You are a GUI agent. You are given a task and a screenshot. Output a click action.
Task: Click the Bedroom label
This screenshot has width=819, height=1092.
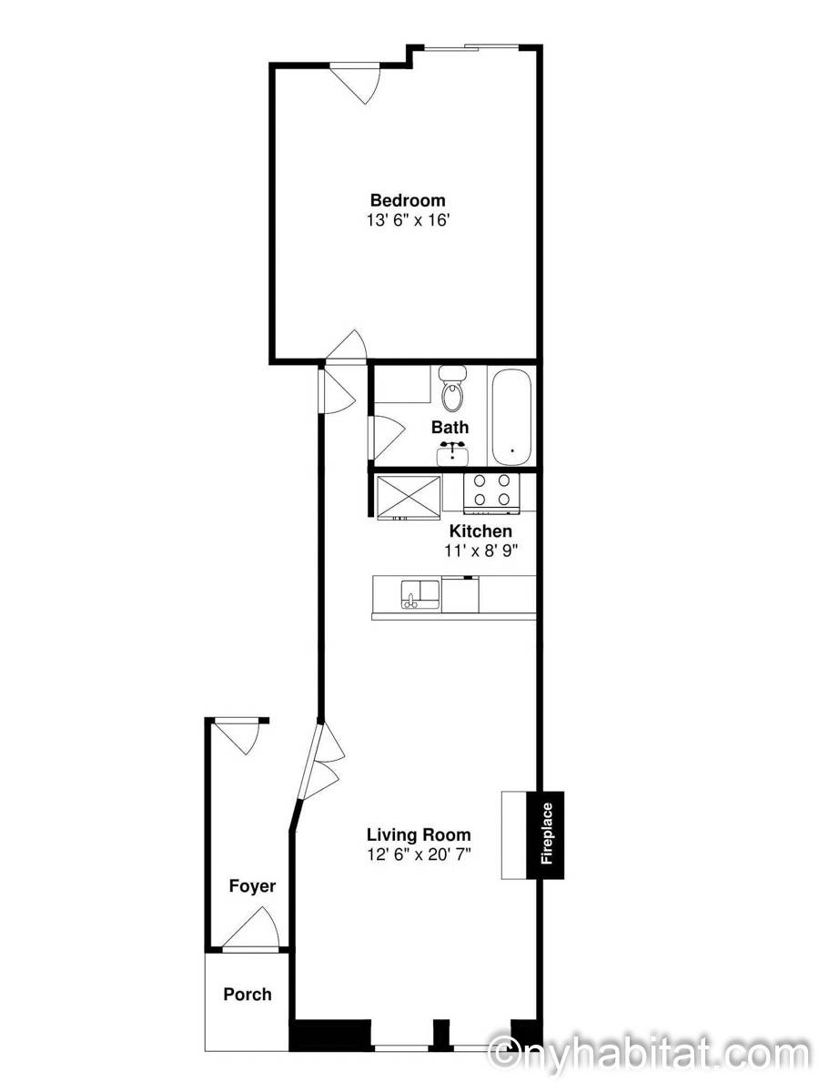(408, 200)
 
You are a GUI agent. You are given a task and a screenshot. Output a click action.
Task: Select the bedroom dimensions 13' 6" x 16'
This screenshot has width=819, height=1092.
(408, 220)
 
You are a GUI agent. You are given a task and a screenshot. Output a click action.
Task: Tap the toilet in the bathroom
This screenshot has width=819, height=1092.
(452, 388)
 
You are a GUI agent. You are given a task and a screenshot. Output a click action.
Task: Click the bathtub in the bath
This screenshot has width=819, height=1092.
(511, 417)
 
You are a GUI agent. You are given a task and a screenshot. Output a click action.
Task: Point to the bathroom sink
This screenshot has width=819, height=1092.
(452, 454)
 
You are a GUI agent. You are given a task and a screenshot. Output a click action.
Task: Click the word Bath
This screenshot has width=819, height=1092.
(450, 427)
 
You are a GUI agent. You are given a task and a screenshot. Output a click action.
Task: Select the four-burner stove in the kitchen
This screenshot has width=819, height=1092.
(491, 494)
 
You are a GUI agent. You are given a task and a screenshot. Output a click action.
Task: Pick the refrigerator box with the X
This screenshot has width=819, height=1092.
(409, 498)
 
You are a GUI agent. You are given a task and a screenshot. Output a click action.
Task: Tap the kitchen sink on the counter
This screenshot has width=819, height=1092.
(420, 594)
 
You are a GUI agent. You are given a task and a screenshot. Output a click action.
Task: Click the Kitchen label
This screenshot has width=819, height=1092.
(480, 531)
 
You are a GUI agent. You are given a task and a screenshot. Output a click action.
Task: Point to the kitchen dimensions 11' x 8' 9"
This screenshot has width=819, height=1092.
(480, 551)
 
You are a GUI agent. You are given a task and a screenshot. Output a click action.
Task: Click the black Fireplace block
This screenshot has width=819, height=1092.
(545, 834)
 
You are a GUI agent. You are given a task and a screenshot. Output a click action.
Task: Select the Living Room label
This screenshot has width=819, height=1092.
(419, 834)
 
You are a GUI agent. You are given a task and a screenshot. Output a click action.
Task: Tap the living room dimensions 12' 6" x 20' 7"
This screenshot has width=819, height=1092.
(419, 854)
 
